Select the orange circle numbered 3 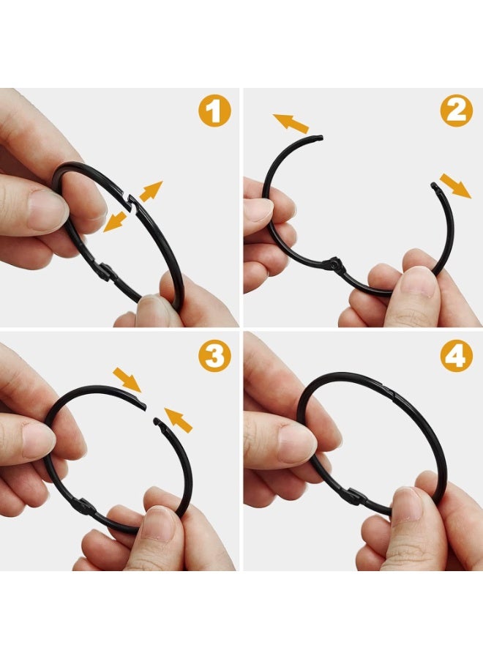coord(214,356)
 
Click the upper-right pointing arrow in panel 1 coord(151,191)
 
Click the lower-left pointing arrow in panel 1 coord(115,221)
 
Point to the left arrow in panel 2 coord(291,123)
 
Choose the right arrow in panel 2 coord(456,187)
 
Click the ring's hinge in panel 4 coord(356,497)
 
